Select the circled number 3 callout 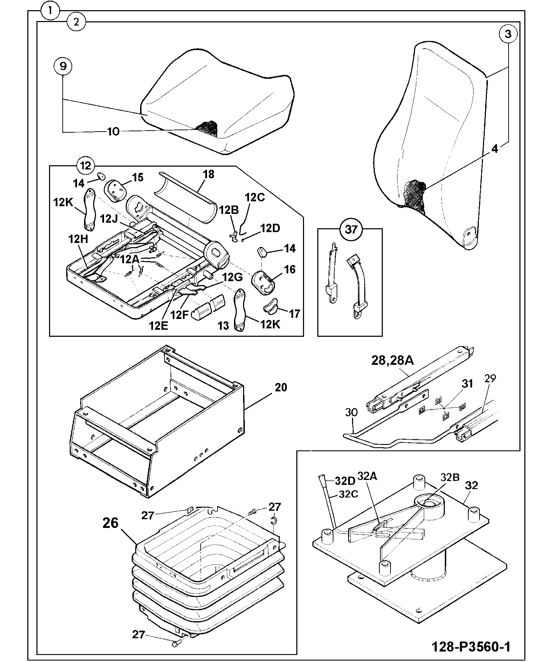pyautogui.click(x=508, y=34)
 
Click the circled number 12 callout pyautogui.click(x=86, y=166)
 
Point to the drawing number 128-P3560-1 pyautogui.click(x=471, y=646)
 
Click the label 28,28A pyautogui.click(x=392, y=361)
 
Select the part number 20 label pyautogui.click(x=281, y=387)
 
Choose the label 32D pyautogui.click(x=345, y=481)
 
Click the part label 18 pyautogui.click(x=208, y=174)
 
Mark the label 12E pyautogui.click(x=158, y=326)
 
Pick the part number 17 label pyautogui.click(x=294, y=314)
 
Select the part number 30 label pyautogui.click(x=351, y=412)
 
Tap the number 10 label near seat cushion pyautogui.click(x=113, y=132)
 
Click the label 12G pyautogui.click(x=233, y=277)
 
